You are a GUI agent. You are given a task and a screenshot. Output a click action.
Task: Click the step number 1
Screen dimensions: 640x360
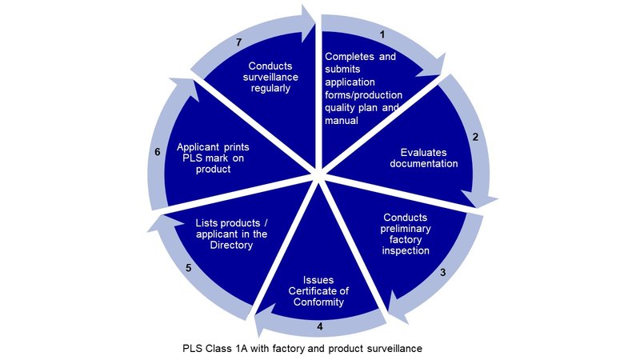tap(382, 34)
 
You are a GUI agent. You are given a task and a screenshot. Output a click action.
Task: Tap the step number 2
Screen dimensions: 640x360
tap(475, 137)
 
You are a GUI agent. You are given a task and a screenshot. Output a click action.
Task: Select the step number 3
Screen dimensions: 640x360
tap(443, 272)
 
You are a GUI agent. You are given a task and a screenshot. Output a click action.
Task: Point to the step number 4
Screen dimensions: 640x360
tap(320, 326)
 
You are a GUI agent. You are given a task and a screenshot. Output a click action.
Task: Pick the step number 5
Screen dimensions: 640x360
tap(189, 268)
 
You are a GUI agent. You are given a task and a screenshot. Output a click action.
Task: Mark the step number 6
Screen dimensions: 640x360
tap(158, 152)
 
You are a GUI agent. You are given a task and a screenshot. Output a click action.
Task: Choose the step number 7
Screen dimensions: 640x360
tap(239, 42)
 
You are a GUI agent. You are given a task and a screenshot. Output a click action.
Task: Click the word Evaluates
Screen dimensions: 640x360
tap(424, 153)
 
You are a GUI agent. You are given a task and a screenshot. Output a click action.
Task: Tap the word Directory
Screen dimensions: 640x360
tap(231, 246)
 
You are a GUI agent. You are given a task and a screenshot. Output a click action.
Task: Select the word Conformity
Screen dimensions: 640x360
tap(318, 302)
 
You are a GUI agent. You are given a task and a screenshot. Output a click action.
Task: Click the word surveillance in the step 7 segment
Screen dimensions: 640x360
tap(270, 77)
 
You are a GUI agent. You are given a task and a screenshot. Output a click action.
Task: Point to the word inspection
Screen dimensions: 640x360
tap(406, 250)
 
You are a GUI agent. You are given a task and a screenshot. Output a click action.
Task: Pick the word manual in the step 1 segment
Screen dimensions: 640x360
tap(342, 121)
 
